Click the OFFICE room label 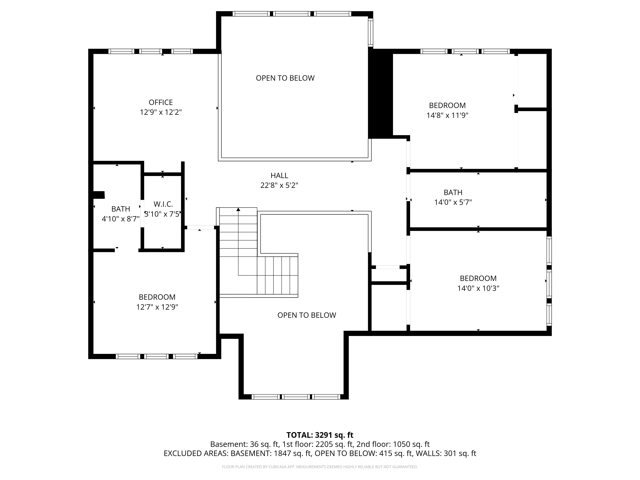[161, 102]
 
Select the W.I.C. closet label [163, 204]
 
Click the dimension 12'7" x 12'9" [157, 307]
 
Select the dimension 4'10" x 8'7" [121, 219]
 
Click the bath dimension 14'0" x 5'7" [453, 202]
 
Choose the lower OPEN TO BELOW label [307, 315]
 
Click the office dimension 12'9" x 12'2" [161, 112]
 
